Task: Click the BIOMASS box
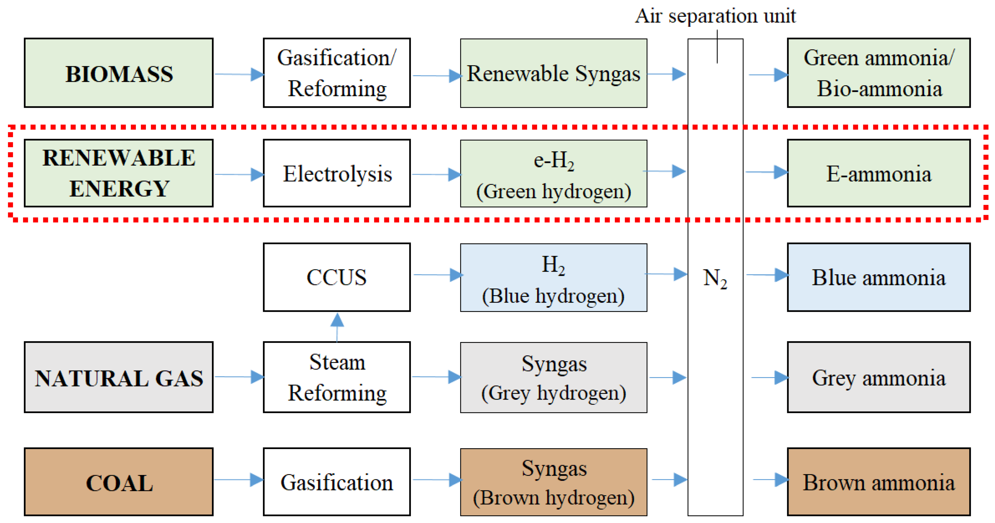pos(119,73)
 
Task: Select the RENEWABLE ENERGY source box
pos(119,173)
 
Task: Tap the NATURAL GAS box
pos(119,377)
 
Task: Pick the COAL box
pos(119,482)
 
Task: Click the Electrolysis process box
pos(337,173)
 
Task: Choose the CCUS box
pos(337,277)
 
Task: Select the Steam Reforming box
pos(337,377)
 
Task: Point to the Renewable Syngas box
pos(553,73)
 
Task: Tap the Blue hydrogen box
pos(553,277)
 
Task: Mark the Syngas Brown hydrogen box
pos(553,482)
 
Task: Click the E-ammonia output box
pos(879,173)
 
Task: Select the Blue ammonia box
pos(879,277)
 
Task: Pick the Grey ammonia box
pos(879,377)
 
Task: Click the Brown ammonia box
pos(879,482)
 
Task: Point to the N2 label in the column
pos(715,278)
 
